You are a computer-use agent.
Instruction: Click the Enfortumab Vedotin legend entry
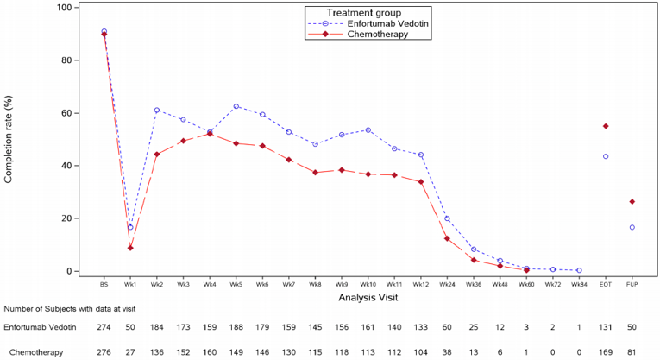[x=389, y=23]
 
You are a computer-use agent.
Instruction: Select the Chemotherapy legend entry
[x=378, y=35]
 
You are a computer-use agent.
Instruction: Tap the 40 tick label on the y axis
[x=66, y=166]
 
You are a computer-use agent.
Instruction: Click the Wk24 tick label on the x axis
[x=447, y=283]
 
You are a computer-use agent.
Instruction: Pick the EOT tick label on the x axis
[x=606, y=283]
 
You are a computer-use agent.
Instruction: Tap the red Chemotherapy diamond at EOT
[x=606, y=126]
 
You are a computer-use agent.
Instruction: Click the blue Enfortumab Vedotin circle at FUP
[x=632, y=227]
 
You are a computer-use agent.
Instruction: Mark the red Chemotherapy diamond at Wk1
[x=130, y=248]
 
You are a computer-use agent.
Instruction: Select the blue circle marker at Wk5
[x=236, y=106]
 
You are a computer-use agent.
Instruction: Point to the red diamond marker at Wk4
[x=210, y=134]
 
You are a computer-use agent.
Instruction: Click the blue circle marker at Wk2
[x=157, y=110]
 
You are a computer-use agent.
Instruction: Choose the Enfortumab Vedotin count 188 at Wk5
[x=236, y=328]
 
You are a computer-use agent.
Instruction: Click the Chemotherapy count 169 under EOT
[x=606, y=352]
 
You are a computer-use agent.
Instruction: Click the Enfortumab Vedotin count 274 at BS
[x=104, y=328]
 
